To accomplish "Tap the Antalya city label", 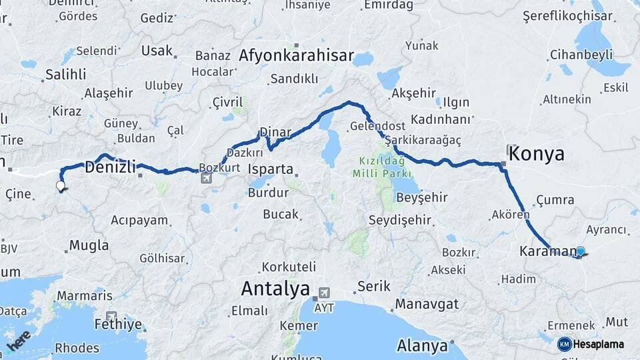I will pos(275,289).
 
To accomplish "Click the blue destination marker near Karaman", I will pos(580,251).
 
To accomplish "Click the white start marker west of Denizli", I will pos(61,186).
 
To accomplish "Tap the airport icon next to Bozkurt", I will pos(206,178).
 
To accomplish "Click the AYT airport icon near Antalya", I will pos(325,292).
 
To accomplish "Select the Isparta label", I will pos(271,169).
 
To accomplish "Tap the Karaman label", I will pos(546,251).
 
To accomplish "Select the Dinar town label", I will pos(275,131).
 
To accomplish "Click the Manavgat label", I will pos(427,304).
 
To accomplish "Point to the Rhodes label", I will pos(77,347).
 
